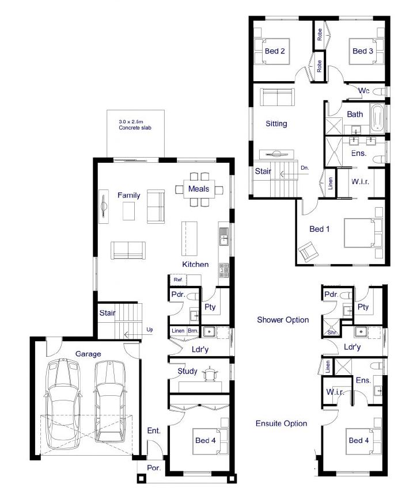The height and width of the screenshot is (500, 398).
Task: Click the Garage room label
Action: pos(88,354)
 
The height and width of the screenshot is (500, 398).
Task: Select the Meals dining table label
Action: pos(199,189)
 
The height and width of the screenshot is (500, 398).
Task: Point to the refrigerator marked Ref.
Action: pos(178,280)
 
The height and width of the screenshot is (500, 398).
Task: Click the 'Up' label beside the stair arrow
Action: pos(149,330)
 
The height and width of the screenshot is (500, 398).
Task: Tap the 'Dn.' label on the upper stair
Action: pos(305,168)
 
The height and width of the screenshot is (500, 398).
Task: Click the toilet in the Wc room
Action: pos(379,91)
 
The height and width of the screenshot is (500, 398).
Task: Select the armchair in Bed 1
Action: pos(308,251)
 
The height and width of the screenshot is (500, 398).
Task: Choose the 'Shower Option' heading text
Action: pos(283,320)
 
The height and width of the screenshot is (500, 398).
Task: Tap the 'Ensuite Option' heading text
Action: pos(281,423)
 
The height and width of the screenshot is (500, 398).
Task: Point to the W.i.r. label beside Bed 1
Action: pos(360,182)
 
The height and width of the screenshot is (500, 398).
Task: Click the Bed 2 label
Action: pos(275,51)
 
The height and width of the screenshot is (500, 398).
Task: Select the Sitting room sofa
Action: pos(276,97)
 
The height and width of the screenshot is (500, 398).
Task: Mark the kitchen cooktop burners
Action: pos(223,270)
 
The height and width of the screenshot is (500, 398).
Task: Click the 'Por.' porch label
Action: pos(154,468)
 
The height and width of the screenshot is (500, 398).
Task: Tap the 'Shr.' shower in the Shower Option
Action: pos(332,328)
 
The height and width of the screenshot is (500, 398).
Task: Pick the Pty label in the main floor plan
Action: pos(210,307)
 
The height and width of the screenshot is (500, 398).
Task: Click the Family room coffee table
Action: pos(128,211)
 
